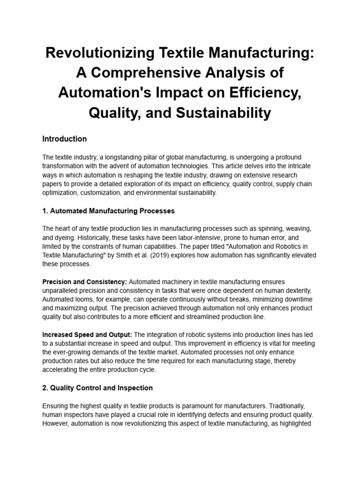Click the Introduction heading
click(64, 139)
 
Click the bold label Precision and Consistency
click(84, 282)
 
